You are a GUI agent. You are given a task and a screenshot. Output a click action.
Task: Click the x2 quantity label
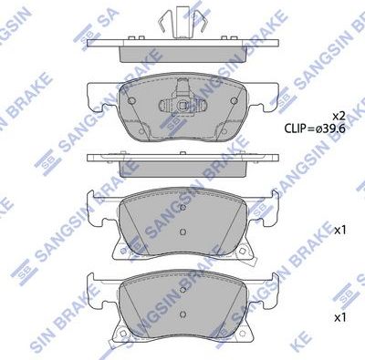[337, 116]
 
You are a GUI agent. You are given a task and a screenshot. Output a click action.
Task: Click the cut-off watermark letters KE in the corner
[352, 348]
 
